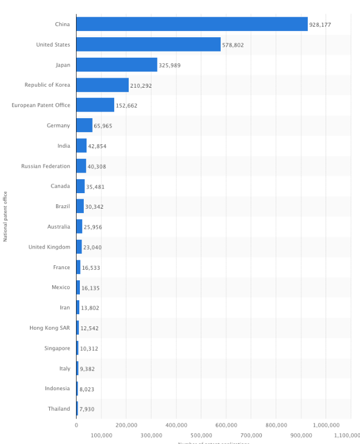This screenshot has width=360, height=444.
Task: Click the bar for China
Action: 191,24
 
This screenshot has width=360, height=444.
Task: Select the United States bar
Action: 148,44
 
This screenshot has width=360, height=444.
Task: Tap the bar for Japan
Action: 116,65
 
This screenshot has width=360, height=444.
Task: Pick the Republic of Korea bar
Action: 102,85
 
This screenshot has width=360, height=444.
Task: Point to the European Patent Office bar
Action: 95,105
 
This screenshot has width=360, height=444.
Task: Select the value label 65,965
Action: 103,126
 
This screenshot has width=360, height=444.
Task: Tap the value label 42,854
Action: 97,147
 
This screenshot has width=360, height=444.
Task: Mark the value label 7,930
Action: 87,410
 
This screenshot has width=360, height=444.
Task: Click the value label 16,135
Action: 91,288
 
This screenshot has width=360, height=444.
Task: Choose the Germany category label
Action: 58,125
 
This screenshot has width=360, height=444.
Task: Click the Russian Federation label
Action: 45,166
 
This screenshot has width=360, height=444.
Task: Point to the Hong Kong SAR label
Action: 49,328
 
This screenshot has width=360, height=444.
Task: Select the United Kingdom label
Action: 49,247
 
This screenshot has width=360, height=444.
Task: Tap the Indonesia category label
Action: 58,389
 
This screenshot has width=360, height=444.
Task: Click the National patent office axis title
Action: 6,216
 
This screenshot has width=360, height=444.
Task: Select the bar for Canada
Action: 80,186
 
